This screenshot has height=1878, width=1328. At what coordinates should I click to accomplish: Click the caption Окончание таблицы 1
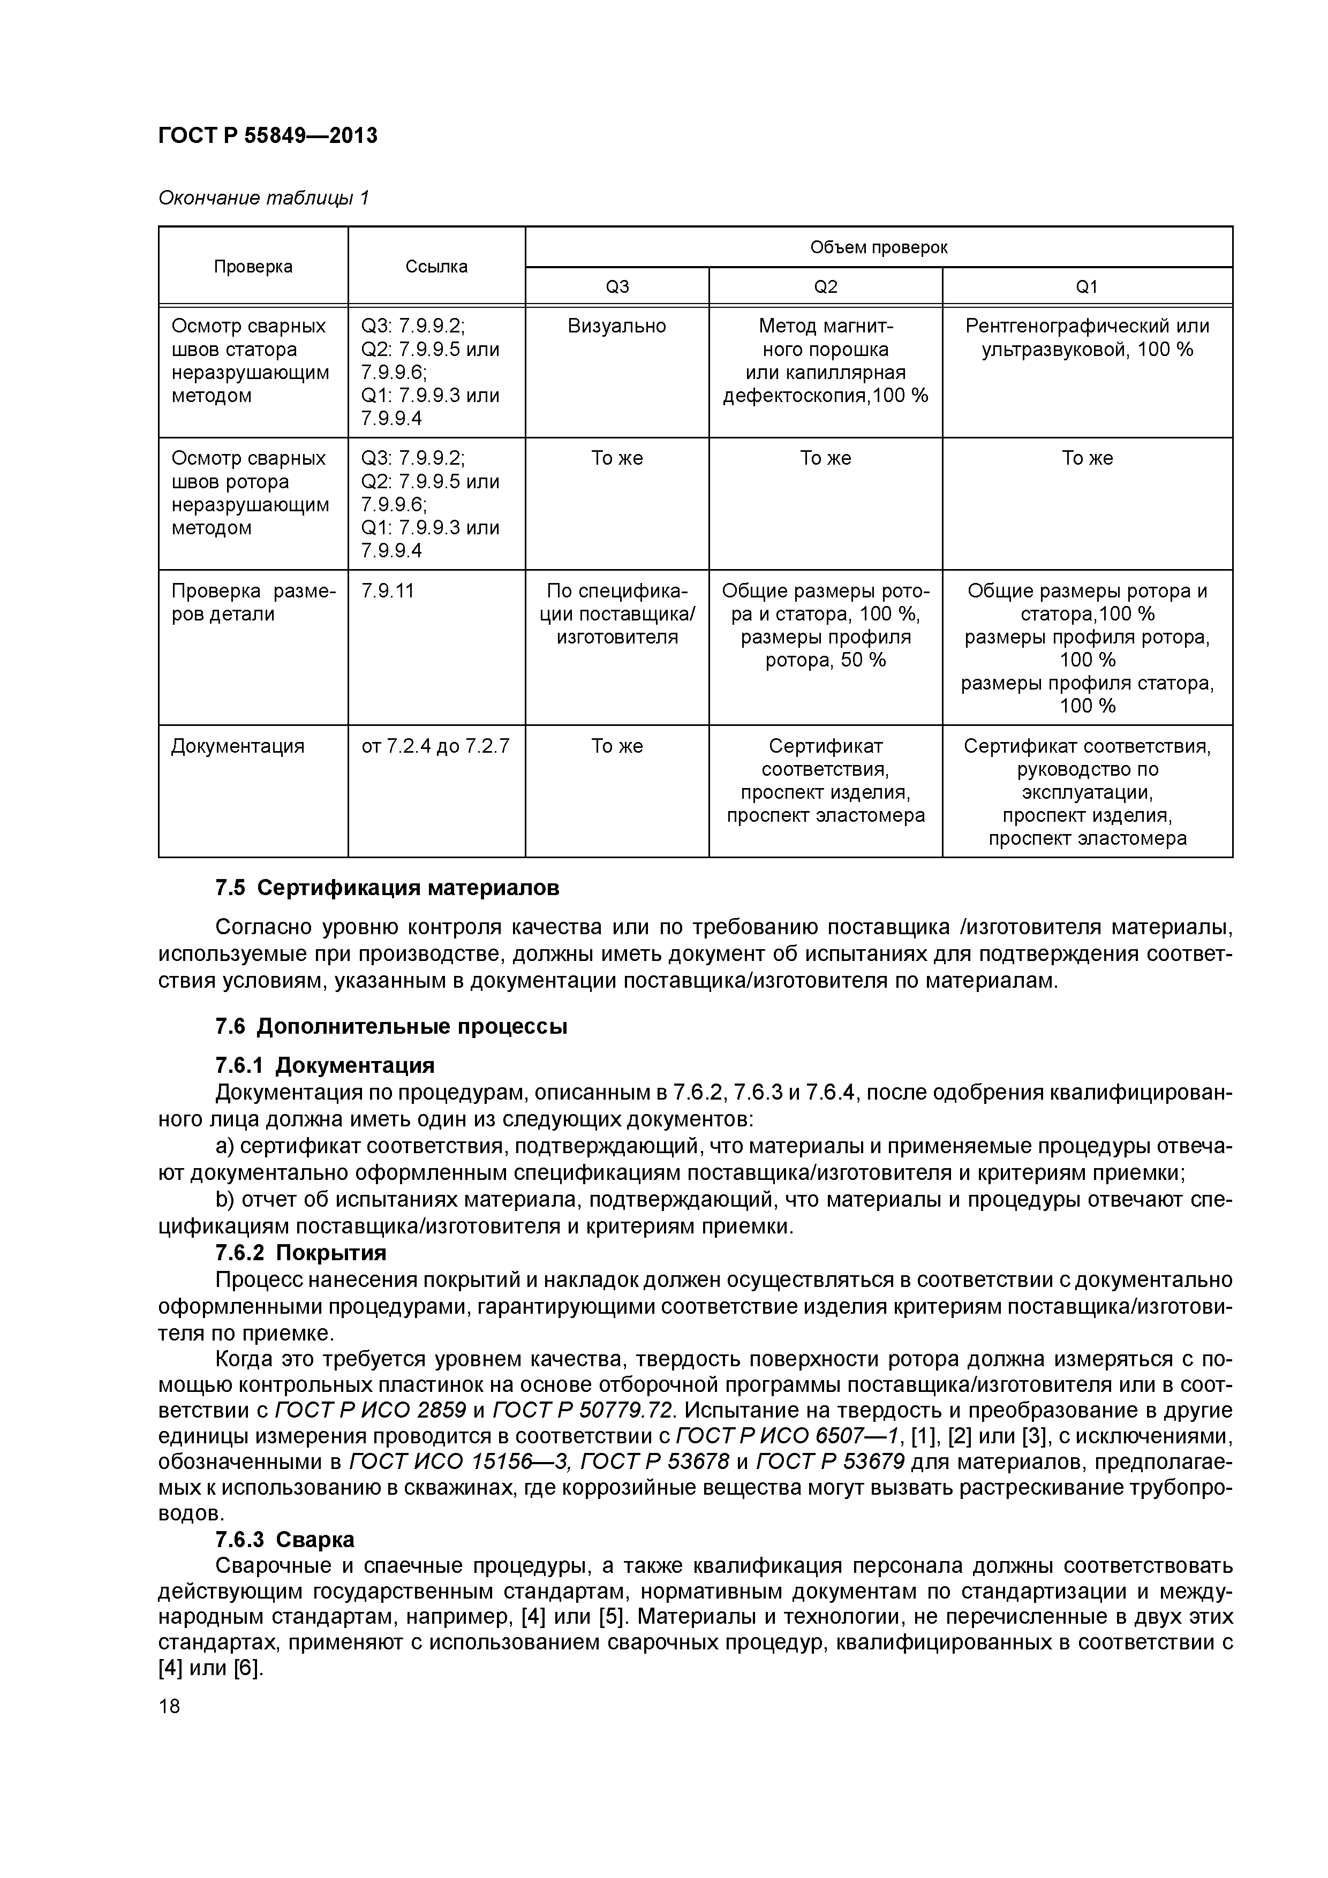click(263, 198)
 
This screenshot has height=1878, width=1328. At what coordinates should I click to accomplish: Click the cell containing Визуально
click(616, 327)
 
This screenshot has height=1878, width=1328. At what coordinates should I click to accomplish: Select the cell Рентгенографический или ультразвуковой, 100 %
click(1086, 338)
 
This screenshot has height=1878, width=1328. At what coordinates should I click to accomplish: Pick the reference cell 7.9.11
click(388, 590)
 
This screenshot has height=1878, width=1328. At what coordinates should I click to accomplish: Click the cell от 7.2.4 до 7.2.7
click(435, 746)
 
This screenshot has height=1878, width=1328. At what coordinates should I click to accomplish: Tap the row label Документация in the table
click(237, 746)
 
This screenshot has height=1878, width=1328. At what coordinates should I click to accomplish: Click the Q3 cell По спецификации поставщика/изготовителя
click(616, 614)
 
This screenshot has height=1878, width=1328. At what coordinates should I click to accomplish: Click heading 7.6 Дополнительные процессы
click(391, 1026)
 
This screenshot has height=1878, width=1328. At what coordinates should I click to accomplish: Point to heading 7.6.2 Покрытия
click(300, 1253)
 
